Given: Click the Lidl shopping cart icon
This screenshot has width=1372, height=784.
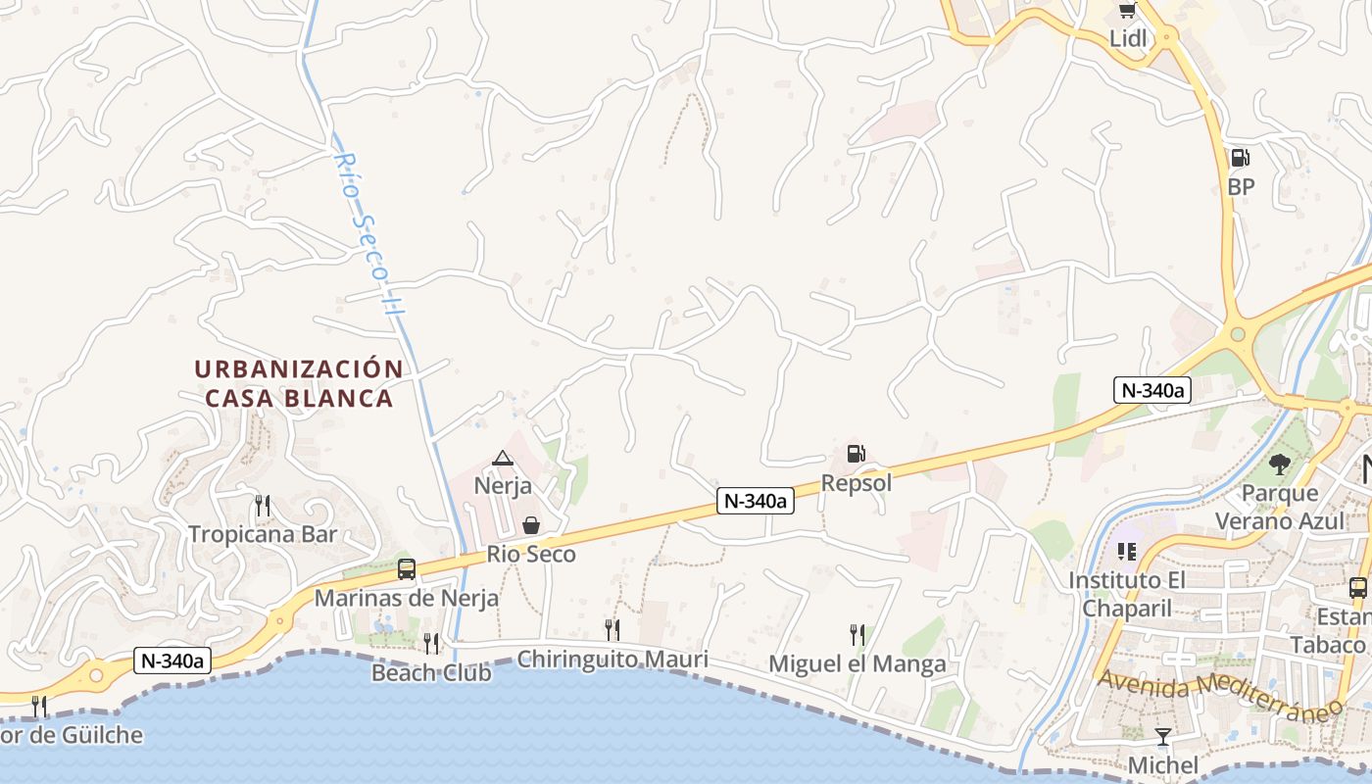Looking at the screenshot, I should (1127, 11).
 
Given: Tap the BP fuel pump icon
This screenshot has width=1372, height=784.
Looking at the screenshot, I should (1240, 157).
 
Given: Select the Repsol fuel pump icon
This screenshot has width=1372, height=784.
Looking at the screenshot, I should (856, 454).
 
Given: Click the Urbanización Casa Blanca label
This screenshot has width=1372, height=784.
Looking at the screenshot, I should (299, 383).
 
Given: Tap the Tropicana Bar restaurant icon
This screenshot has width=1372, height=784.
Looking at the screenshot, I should (262, 506).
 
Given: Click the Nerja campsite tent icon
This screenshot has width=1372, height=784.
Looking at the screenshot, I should (503, 458).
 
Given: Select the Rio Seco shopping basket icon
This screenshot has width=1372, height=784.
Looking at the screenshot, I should (531, 525).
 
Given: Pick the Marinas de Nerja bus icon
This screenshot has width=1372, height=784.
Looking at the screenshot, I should (406, 568).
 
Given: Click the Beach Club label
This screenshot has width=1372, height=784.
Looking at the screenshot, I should (431, 672).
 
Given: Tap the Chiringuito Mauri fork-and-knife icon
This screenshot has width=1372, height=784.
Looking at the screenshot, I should (612, 629).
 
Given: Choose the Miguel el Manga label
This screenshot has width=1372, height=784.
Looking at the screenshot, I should (857, 663).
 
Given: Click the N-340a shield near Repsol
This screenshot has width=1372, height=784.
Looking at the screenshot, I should (755, 501).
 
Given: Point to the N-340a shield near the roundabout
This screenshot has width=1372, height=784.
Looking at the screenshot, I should (1151, 390).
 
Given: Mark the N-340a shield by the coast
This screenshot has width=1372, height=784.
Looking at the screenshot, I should (171, 661).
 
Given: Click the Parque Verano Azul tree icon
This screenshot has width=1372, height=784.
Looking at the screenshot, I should (1279, 464).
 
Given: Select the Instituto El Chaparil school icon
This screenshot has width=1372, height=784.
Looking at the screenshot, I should (1126, 552).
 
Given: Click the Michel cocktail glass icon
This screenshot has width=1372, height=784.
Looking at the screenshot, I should (1163, 736).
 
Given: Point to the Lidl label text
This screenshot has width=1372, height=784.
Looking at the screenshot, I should (1128, 38).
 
